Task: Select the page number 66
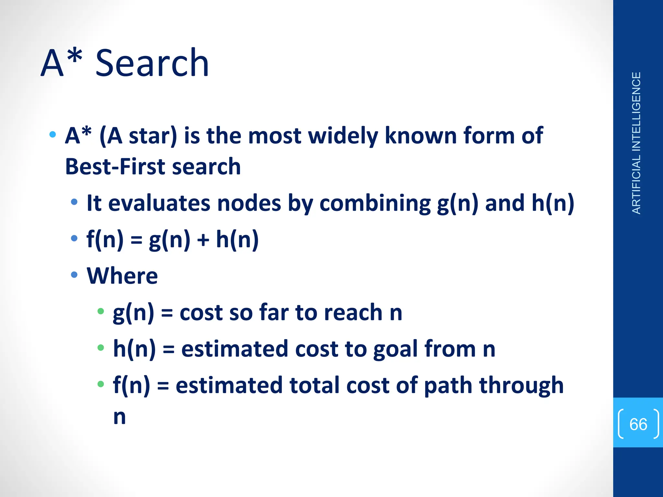[x=638, y=424]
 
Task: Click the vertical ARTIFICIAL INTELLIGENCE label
[x=636, y=143]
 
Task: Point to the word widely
[x=343, y=136]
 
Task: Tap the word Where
[x=122, y=276]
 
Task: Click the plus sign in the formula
[x=203, y=240]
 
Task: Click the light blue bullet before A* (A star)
[x=52, y=134]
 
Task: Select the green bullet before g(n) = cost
[x=101, y=311]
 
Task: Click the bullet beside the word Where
[x=74, y=275]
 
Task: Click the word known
[x=421, y=136]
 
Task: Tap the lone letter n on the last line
[x=119, y=417]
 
